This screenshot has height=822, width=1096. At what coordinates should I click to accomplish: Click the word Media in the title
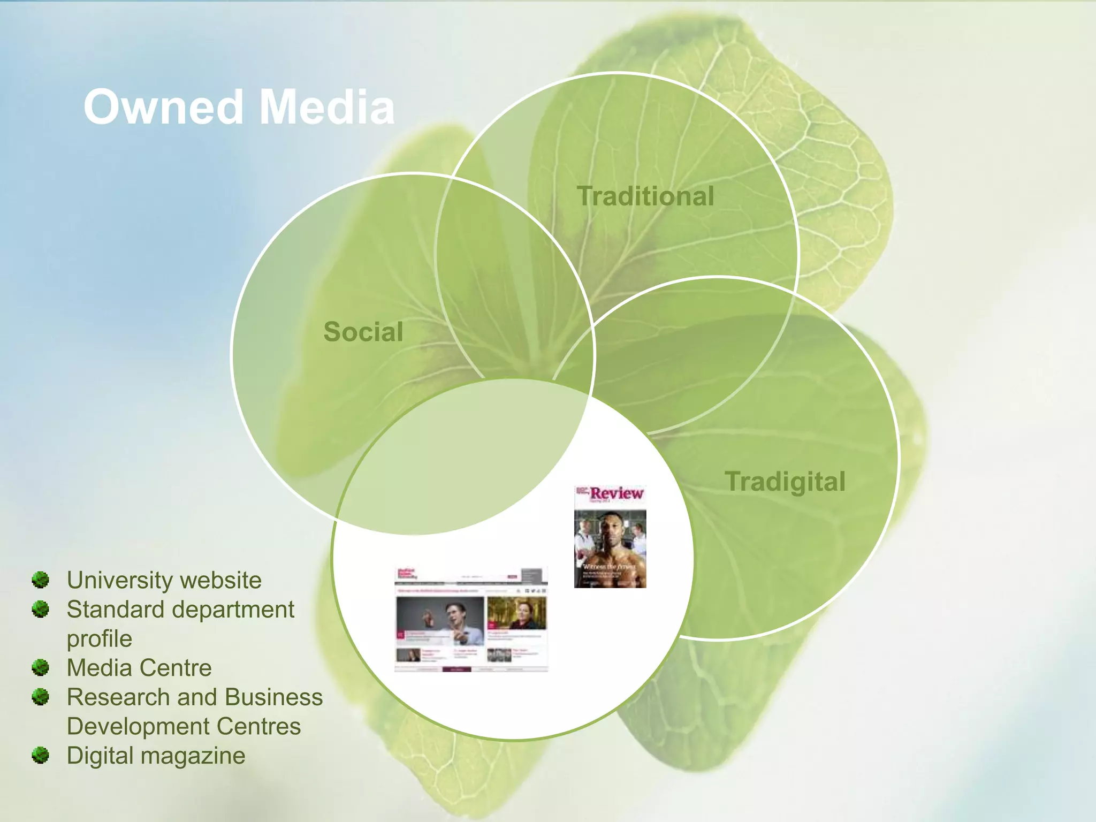[327, 107]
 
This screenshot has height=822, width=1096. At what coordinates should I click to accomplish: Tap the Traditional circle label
[645, 196]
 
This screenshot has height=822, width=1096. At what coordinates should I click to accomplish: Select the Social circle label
[363, 332]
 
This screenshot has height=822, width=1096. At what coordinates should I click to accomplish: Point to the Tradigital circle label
[785, 481]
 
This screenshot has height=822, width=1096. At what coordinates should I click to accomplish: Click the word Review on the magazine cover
[616, 493]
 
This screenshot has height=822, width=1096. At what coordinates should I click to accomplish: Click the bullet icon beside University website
[40, 580]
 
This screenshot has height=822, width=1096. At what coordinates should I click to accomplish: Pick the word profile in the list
[99, 639]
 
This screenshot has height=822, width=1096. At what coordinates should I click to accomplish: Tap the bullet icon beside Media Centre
[40, 667]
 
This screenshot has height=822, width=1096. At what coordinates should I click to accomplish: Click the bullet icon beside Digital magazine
[40, 755]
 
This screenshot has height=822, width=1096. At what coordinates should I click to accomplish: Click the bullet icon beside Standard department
[40, 609]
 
